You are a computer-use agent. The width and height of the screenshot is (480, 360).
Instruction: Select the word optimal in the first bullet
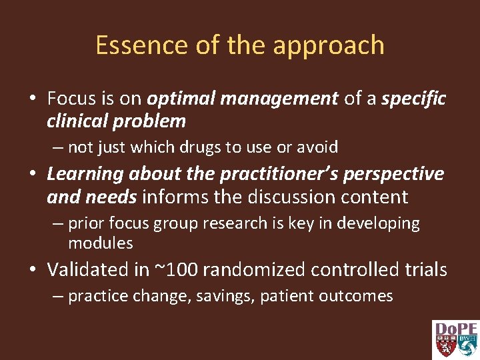pos(180,99)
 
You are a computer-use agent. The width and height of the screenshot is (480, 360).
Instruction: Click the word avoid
pos(315,147)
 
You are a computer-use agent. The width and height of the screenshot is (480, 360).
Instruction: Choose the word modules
pos(100,243)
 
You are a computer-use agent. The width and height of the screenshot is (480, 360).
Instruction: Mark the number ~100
pos(181,269)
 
